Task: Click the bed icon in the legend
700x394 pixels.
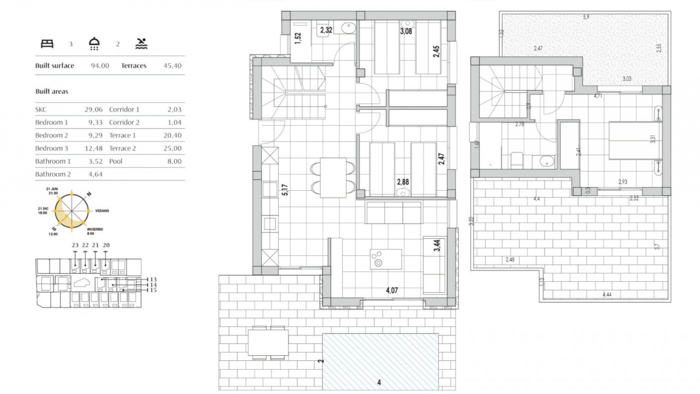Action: point(47,44)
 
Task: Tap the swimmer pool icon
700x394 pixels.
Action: point(141,44)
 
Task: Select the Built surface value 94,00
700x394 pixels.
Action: point(100,66)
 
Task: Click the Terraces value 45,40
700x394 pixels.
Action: point(172,66)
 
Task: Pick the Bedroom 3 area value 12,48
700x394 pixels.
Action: point(96,148)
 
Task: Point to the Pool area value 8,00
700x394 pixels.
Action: point(174,161)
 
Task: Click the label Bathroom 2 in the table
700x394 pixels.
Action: point(53,174)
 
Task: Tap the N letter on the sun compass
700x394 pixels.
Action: point(89,194)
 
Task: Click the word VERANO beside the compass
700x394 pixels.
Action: point(102,211)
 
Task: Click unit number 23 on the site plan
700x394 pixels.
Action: point(75,245)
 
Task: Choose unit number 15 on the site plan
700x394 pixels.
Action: point(153,290)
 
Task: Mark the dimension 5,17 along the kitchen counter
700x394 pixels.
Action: point(285,190)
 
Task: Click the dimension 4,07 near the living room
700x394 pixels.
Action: point(392,290)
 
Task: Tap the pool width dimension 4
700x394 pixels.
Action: point(379,382)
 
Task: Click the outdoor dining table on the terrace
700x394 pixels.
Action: point(268,343)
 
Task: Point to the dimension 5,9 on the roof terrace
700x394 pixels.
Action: point(586,17)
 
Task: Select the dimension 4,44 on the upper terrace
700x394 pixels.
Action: point(607,295)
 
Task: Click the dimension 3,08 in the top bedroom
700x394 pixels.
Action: point(406,31)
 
